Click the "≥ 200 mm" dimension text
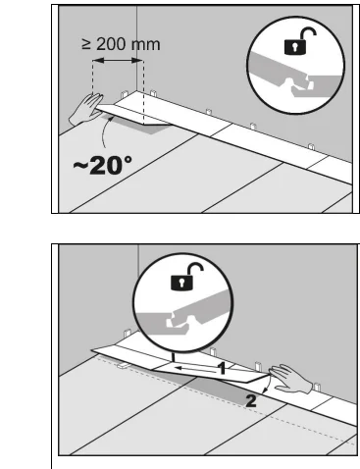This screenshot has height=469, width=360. coord(121,44)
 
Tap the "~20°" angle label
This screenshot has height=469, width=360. coord(103,165)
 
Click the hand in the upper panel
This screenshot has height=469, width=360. coord(85,109)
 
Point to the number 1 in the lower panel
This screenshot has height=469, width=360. coord(222,368)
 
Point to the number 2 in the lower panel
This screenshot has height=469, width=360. coord(251,401)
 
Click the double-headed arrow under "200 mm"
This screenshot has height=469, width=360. coord(118,61)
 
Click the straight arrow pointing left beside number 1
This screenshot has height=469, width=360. coord(195,370)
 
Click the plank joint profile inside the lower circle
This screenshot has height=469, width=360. coord(182,314)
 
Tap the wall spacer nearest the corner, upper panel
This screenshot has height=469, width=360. coord(125,94)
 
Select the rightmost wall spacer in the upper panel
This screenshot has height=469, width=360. coord(311,146)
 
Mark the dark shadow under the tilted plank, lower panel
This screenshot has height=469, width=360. coord(216,391)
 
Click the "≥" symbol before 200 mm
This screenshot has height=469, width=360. coord(86,44)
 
